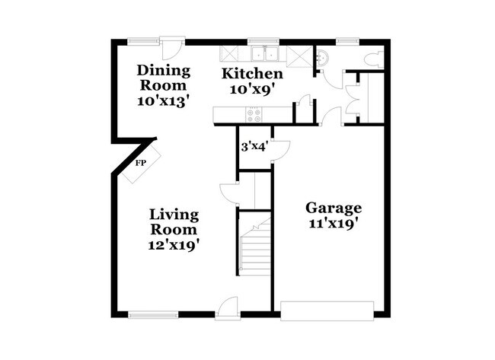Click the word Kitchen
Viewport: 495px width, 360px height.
(x=252, y=74)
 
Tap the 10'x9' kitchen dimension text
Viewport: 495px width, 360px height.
(x=252, y=88)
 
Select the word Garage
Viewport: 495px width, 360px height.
(x=334, y=208)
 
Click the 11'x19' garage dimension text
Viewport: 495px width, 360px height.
(x=334, y=224)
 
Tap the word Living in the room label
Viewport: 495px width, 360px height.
(x=174, y=215)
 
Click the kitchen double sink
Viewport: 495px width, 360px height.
(x=264, y=54)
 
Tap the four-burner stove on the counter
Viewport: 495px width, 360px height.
(x=254, y=115)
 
